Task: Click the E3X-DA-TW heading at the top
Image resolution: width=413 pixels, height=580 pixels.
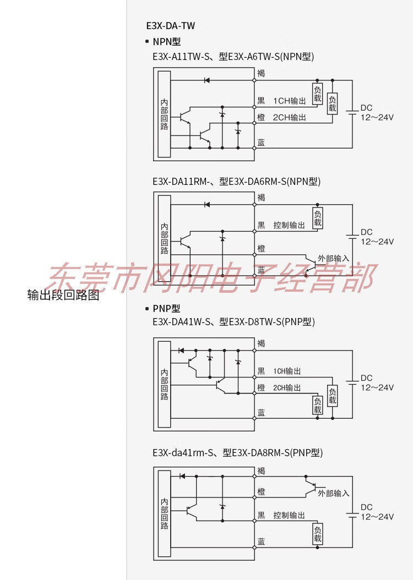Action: pos(170,25)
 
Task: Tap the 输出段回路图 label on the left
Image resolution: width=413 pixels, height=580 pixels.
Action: pos(63,295)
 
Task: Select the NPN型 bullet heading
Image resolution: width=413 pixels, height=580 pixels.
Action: pos(166,41)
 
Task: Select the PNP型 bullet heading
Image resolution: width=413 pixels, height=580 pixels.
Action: pos(166,309)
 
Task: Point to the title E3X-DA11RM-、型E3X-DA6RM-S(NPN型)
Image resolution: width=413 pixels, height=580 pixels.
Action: pos(236,181)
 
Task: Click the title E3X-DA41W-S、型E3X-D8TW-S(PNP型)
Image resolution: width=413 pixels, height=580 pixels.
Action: pos(233,322)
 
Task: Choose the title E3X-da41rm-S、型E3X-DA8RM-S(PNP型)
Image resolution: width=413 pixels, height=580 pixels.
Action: pos(237,453)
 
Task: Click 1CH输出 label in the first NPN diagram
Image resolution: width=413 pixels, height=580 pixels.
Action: pos(290,101)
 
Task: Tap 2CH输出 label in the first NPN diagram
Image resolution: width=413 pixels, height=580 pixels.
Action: pos(290,118)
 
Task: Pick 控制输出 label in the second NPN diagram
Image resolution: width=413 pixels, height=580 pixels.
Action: pos(289,225)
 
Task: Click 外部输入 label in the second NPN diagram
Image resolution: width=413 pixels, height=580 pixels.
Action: pos(334,258)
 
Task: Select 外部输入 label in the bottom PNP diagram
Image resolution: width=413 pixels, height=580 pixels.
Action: pos(334,493)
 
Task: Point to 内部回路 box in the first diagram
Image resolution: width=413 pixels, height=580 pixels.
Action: pos(164,114)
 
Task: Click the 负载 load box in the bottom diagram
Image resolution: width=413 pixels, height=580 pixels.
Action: pos(318,534)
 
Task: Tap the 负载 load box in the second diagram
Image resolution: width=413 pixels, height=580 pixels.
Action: pos(318,218)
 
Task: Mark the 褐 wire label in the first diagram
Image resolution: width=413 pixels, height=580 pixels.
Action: pos(261,73)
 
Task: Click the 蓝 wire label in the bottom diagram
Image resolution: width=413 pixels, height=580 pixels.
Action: pos(261,542)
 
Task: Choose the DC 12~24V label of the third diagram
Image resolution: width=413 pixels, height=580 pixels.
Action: pos(377,382)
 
